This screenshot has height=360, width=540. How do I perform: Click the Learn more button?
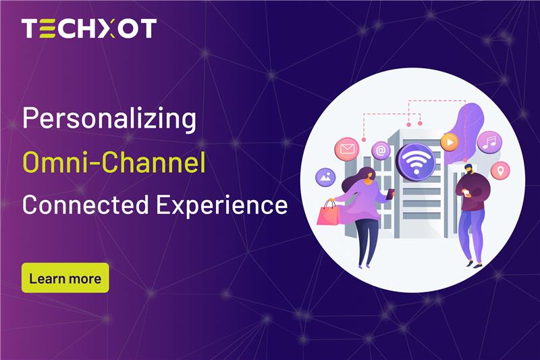65,278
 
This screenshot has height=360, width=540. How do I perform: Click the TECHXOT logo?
88,28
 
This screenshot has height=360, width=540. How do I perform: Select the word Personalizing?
109,120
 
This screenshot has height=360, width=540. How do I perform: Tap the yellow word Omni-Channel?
113,162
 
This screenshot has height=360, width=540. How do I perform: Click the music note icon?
489,142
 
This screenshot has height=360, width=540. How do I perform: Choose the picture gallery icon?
325,177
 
